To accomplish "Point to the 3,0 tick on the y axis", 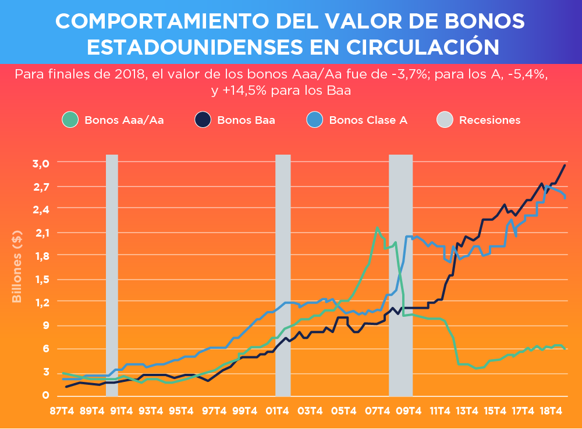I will click(40, 163).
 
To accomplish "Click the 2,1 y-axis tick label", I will click(40, 233).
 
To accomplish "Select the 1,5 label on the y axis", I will click(40, 279).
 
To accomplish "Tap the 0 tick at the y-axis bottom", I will click(45, 395).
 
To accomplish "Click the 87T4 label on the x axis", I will click(62, 411).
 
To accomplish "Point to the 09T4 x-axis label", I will click(408, 411).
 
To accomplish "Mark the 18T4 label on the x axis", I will click(551, 411).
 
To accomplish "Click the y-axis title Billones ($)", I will click(17, 267).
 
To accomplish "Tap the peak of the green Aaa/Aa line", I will click(377, 227).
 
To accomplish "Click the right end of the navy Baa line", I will click(565, 166).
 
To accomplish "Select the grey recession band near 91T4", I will click(112, 273).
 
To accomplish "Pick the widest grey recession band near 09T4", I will click(400, 273).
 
